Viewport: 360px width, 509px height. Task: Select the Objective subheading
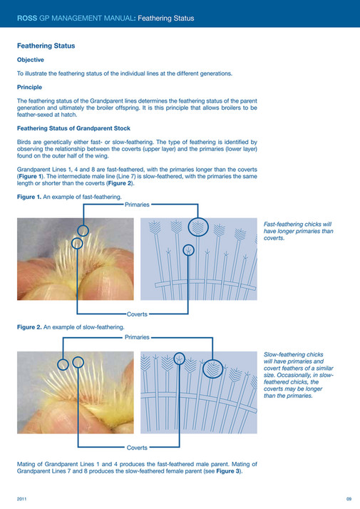click(31, 59)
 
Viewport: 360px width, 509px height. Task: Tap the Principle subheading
click(30, 87)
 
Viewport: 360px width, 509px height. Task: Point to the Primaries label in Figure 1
click(137, 205)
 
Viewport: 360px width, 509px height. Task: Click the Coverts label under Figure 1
click(137, 314)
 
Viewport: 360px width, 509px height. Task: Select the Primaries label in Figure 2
click(137, 336)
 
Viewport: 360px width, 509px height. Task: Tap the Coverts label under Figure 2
click(137, 448)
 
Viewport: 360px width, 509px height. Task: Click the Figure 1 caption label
click(31, 196)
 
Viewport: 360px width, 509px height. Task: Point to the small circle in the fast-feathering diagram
click(188, 250)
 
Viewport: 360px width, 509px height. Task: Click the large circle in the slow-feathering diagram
click(212, 370)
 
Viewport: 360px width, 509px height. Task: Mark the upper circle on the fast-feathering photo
click(84, 230)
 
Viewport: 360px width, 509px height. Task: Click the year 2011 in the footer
click(22, 498)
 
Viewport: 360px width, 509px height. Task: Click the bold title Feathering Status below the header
click(46, 46)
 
